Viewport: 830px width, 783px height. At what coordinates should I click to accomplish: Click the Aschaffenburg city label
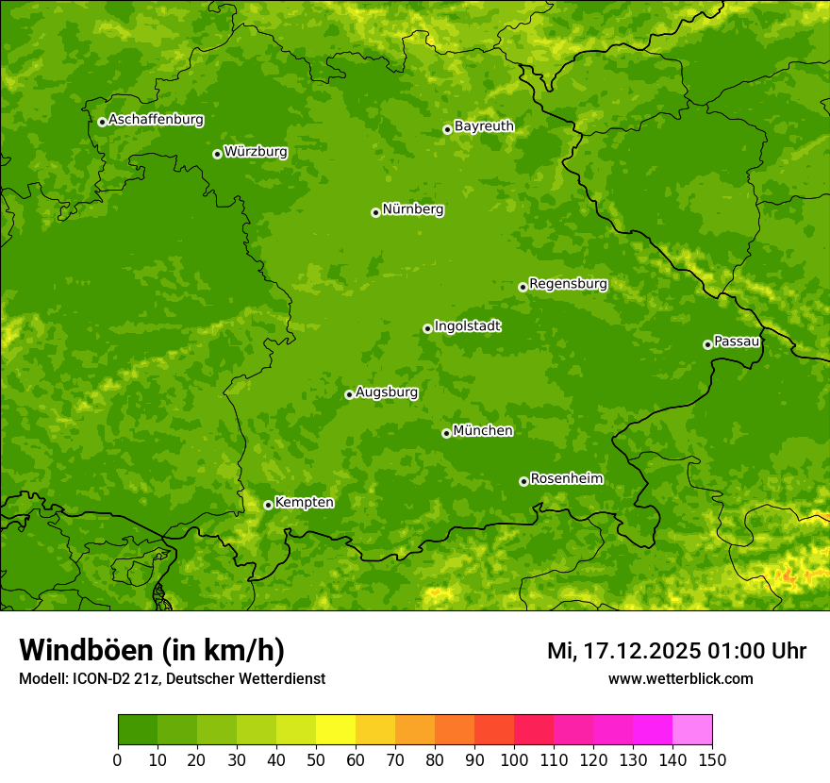156,120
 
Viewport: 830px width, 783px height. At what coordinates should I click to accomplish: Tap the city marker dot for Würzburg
217,154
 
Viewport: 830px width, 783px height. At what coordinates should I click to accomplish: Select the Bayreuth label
484,125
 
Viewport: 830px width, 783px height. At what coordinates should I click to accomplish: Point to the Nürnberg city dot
375,212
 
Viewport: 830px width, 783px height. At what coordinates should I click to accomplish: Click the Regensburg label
568,283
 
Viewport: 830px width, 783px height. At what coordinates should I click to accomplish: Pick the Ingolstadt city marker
427,328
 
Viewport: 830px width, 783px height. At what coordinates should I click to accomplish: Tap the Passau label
737,341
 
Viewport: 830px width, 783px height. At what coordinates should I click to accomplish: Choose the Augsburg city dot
349,394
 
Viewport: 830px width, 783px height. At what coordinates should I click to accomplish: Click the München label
483,430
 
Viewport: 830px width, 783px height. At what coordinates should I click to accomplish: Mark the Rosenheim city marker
523,481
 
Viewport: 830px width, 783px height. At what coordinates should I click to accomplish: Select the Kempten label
304,502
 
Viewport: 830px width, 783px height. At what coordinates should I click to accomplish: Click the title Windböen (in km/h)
152,650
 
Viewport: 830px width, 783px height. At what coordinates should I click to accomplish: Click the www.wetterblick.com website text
680,678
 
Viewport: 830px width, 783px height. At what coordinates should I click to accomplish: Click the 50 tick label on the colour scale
316,759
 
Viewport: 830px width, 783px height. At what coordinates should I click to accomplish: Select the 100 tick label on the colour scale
514,759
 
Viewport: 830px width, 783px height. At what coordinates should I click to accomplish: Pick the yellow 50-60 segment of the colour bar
336,730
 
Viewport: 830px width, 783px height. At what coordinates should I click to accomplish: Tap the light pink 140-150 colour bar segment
692,730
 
